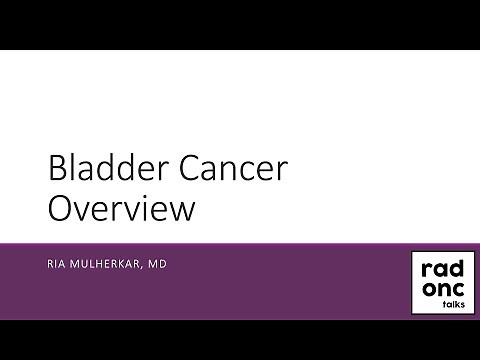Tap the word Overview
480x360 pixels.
click(x=121, y=210)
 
